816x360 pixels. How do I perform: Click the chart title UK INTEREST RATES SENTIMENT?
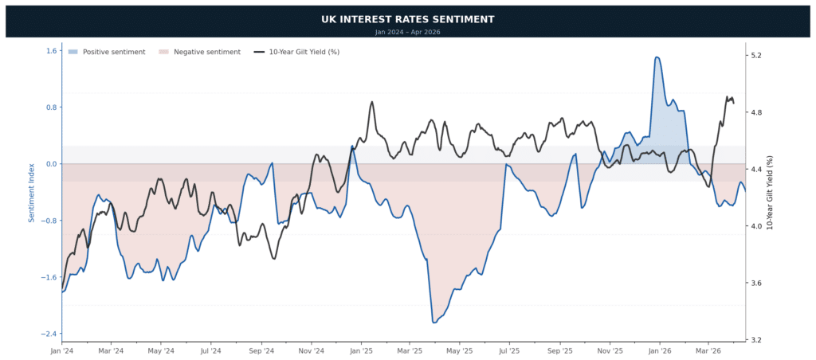[x=407, y=18]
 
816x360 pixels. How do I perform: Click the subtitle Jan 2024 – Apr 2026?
[x=407, y=32]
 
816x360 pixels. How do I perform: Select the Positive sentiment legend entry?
[x=107, y=52]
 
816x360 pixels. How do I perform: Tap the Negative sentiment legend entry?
[x=199, y=52]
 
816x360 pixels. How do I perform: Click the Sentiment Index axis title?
[x=32, y=191]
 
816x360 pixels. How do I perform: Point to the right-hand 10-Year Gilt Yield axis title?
[x=770, y=191]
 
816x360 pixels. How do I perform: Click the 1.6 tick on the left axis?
[x=52, y=51]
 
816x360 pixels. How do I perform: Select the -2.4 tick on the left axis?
[x=50, y=334]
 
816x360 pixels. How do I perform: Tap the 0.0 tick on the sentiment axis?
[x=52, y=164]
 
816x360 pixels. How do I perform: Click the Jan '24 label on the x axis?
[x=62, y=350]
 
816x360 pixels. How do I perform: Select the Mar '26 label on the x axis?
[x=708, y=350]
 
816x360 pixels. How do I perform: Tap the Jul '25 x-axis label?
[x=509, y=350]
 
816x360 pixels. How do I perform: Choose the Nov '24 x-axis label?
[x=312, y=350]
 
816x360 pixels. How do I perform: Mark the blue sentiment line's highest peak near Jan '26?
[x=657, y=57]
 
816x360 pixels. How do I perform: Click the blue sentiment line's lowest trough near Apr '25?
[x=434, y=323]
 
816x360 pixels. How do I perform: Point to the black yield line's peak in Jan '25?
[x=372, y=102]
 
